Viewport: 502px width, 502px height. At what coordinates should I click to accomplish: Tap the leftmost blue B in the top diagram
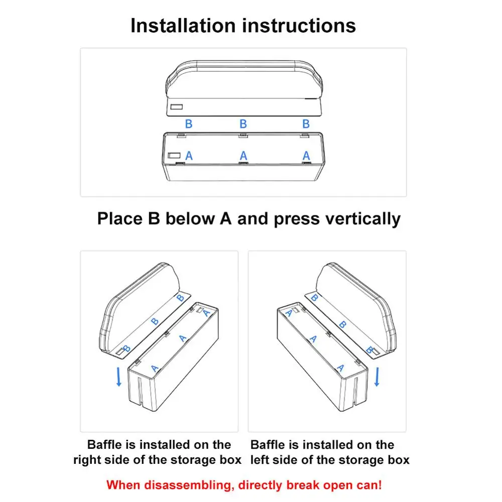(x=189, y=124)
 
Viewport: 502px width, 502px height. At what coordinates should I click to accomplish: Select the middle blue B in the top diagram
(x=243, y=124)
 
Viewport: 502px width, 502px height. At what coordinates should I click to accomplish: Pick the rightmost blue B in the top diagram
(x=306, y=124)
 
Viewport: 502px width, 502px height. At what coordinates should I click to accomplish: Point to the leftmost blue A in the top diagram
(x=189, y=156)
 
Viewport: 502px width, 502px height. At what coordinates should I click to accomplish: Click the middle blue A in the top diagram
(x=243, y=156)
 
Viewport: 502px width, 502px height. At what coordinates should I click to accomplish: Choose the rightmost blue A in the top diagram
(x=306, y=156)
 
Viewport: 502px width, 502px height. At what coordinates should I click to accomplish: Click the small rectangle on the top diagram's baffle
(x=176, y=107)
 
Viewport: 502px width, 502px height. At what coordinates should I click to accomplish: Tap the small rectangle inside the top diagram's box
(x=174, y=155)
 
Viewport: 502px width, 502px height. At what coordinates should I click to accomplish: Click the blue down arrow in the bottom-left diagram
(x=119, y=377)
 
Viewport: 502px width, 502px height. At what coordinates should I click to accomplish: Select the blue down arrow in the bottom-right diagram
(x=377, y=377)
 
